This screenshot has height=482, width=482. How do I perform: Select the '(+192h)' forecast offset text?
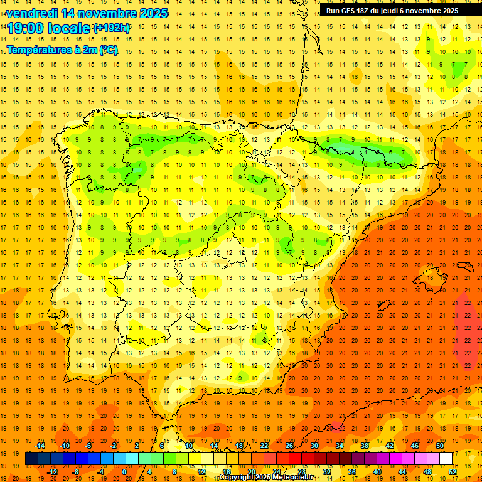pyautogui.click(x=112, y=28)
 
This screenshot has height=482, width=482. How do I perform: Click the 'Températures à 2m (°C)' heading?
pyautogui.click(x=62, y=50)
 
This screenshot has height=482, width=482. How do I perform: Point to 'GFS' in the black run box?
pyautogui.click(x=353, y=11)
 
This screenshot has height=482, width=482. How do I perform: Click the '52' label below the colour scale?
pyautogui.click(x=453, y=471)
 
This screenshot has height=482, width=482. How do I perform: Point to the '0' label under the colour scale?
pyautogui.click(x=124, y=471)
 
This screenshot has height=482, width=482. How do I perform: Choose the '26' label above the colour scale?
pyautogui.click(x=289, y=446)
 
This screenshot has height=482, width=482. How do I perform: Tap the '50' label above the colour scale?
pyautogui.click(x=439, y=446)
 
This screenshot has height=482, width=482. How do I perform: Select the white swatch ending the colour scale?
pyautogui.click(x=446, y=459)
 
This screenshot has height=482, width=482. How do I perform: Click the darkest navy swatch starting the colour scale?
pyautogui.click(x=32, y=459)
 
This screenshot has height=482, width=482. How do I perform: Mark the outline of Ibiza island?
pyautogui.click(x=384, y=306)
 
